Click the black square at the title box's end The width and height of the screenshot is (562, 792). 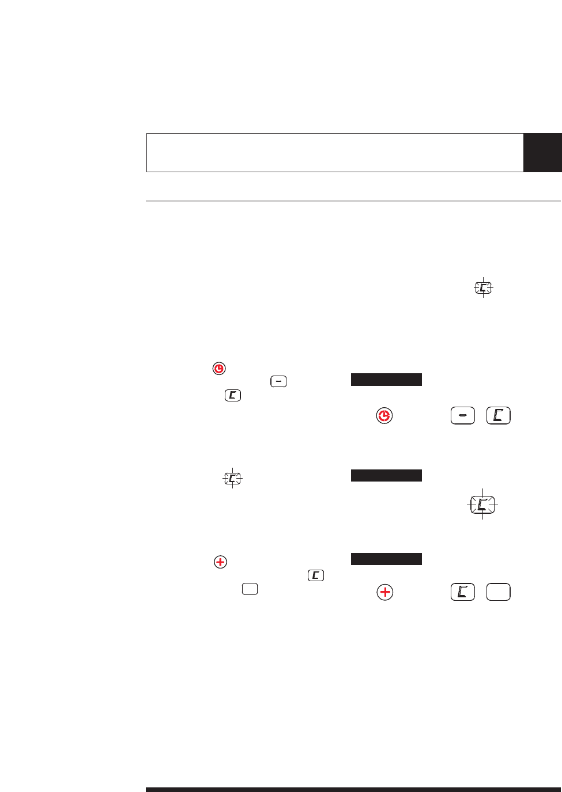point(542,153)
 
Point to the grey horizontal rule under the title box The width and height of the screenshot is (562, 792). point(353,201)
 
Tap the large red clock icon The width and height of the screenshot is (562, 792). point(384,415)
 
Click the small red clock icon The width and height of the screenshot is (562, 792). point(219,369)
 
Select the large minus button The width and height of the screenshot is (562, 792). point(462,415)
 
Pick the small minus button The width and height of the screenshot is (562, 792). point(278,381)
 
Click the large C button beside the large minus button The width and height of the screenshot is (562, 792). point(498,415)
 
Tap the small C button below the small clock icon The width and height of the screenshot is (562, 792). point(233,395)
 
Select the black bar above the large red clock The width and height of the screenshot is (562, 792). point(386,380)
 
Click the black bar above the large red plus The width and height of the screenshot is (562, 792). point(386,559)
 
